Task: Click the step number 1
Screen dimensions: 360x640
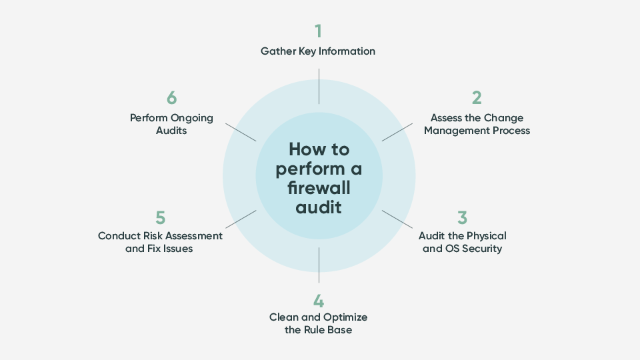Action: pos(319,31)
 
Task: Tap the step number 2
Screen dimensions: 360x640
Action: pos(477,98)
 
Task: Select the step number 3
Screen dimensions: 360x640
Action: pos(462,218)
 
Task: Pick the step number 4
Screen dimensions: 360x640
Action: pos(319,300)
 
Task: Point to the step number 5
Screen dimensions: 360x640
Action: pos(160,218)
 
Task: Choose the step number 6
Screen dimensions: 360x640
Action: pos(172,98)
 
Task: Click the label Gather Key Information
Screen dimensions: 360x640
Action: pos(318,51)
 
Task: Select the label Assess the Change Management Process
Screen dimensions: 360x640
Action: pos(477,124)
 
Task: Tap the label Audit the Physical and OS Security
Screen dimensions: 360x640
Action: pos(462,242)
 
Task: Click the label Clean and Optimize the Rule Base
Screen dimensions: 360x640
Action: pos(318,323)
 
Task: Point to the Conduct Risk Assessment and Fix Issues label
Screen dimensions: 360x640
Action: pos(160,242)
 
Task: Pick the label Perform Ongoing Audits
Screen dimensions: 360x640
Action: pos(172,124)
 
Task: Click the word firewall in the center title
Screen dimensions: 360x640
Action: pos(319,188)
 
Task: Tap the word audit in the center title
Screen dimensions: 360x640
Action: pos(319,207)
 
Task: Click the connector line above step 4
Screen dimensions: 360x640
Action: pos(319,265)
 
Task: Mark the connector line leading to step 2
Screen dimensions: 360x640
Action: pos(397,132)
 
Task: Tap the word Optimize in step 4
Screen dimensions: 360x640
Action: pos(344,317)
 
